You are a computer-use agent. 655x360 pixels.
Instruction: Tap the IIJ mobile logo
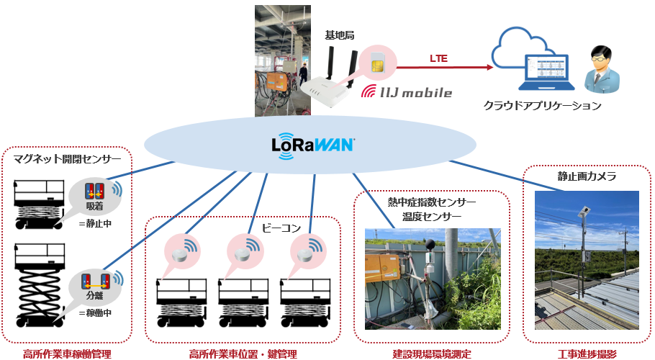coord(406,92)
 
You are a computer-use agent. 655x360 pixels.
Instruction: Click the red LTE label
coord(438,58)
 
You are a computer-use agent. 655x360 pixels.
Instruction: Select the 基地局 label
coord(339,35)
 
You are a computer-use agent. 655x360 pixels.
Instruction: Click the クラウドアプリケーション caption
coord(541,106)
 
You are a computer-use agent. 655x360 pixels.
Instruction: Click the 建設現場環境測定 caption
coord(431,354)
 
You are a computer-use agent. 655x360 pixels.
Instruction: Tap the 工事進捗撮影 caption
coord(587,354)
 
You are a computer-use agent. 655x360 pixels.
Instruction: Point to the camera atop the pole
coord(584,211)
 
